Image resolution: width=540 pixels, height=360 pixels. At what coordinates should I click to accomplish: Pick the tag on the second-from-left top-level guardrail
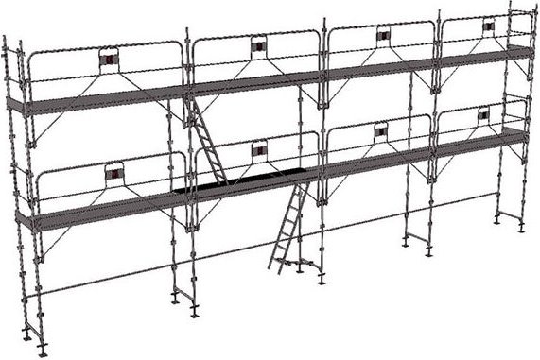click(258, 46)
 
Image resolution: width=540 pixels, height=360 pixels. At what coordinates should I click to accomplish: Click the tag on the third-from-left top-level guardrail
click(383, 36)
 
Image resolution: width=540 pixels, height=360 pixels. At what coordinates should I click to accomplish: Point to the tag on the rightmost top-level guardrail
click(488, 27)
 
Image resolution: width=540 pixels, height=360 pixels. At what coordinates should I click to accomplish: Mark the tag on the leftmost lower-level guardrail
click(114, 175)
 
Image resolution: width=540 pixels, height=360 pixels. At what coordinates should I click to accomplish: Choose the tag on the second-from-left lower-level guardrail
click(259, 146)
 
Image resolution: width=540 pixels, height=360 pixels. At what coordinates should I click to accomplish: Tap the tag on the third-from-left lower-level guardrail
click(381, 129)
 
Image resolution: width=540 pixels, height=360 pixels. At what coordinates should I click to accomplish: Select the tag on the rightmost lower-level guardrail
click(483, 115)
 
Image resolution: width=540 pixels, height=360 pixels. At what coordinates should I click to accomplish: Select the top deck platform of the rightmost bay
click(482, 55)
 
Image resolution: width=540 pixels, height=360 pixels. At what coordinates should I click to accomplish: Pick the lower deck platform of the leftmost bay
click(104, 213)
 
